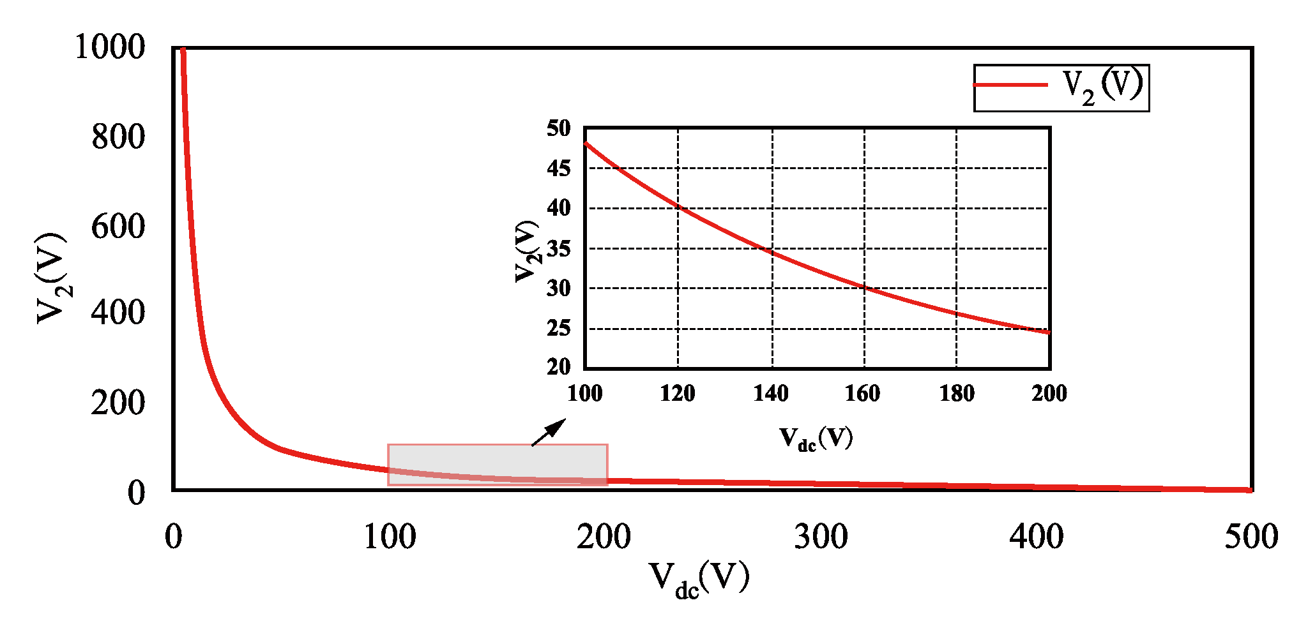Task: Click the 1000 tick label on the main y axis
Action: coord(110,47)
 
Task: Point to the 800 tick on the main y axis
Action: coord(118,137)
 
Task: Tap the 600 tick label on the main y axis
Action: coord(118,227)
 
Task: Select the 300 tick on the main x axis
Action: coord(821,537)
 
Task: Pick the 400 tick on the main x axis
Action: coord(1037,537)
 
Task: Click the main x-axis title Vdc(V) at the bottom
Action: coord(699,579)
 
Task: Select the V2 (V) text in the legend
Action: coord(1102,86)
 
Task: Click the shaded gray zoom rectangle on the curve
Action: coord(498,465)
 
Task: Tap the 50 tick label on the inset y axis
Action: coord(559,128)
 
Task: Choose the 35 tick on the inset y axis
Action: coord(559,248)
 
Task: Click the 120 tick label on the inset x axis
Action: coord(678,393)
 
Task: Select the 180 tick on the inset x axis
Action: coord(957,393)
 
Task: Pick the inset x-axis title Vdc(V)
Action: coord(816,438)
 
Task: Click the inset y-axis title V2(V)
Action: coord(528,251)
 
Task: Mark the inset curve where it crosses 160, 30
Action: coord(865,287)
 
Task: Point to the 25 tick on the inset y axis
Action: coord(559,328)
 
